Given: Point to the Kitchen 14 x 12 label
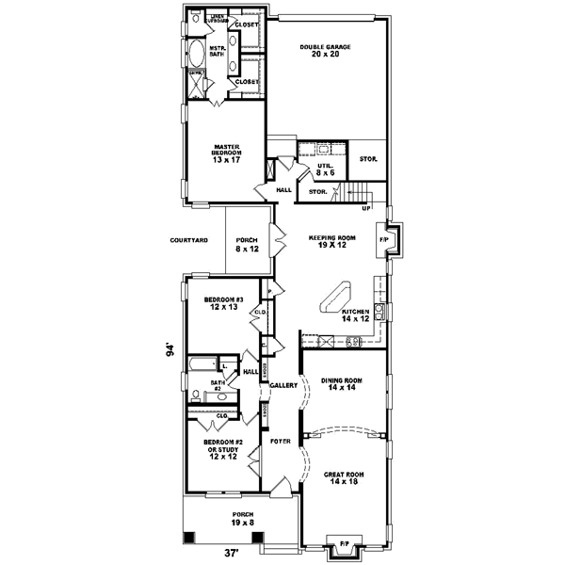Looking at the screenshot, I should [x=357, y=315].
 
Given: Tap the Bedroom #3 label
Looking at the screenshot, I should [x=224, y=303].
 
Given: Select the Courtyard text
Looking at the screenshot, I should [x=188, y=241].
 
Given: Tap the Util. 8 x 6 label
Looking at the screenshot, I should [x=325, y=168].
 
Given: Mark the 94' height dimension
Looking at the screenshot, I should [x=170, y=349].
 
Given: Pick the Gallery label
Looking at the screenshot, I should [x=283, y=385].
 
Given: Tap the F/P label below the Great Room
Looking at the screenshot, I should [x=344, y=544].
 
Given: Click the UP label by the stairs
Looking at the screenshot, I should [x=365, y=208].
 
